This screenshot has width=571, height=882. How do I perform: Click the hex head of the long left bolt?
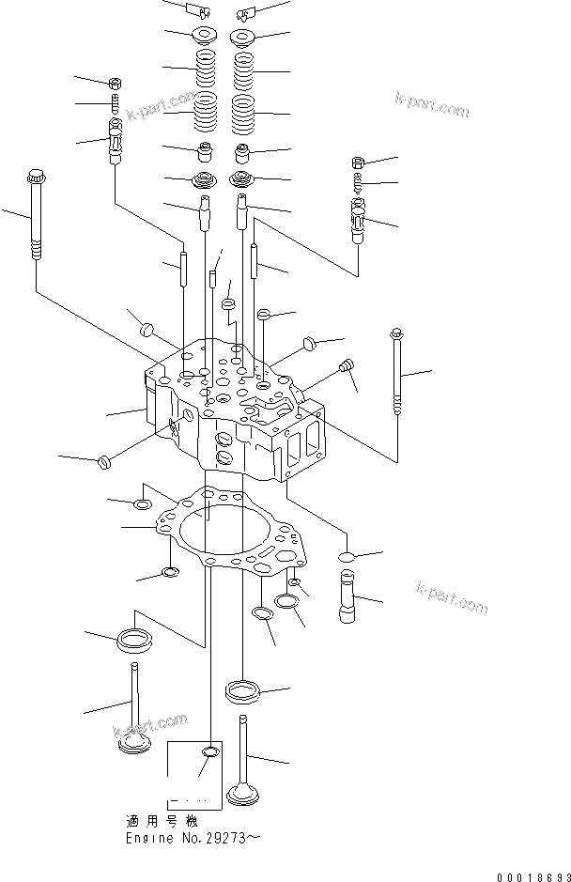point(37,176)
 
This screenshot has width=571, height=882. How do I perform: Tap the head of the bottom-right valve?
point(244,795)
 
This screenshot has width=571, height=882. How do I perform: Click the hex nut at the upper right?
point(358,163)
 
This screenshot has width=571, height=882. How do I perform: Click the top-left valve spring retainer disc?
point(202,36)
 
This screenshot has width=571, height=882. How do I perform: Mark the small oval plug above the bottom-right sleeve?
point(345,558)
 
